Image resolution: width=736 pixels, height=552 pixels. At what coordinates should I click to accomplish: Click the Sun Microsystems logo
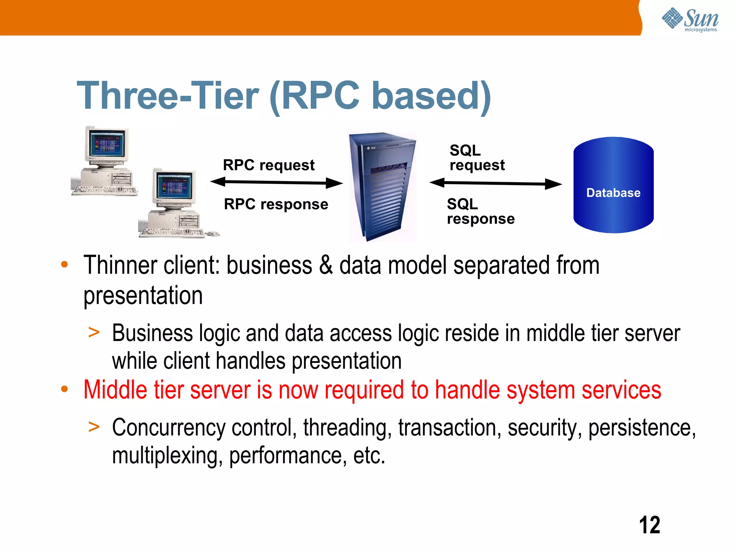[690, 19]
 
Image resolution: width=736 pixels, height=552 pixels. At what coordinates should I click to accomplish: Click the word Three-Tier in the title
[167, 96]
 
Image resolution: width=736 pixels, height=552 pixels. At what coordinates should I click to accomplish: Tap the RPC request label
[268, 165]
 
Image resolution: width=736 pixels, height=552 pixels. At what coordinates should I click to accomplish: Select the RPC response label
[276, 204]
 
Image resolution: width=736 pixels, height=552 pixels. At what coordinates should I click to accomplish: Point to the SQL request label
[477, 158]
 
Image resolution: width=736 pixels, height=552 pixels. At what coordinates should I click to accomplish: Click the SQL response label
[480, 211]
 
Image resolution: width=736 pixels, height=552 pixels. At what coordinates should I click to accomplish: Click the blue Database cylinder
[613, 185]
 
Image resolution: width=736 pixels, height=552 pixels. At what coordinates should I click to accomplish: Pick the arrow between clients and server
[276, 183]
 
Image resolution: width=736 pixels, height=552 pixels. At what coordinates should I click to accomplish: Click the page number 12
[649, 525]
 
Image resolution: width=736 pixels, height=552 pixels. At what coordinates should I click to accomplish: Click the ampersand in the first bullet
[326, 265]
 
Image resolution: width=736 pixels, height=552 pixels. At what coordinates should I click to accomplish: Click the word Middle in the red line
[115, 390]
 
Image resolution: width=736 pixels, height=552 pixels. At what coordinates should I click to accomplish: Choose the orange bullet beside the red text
[64, 389]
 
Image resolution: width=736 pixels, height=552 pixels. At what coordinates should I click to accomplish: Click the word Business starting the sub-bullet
[152, 333]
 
